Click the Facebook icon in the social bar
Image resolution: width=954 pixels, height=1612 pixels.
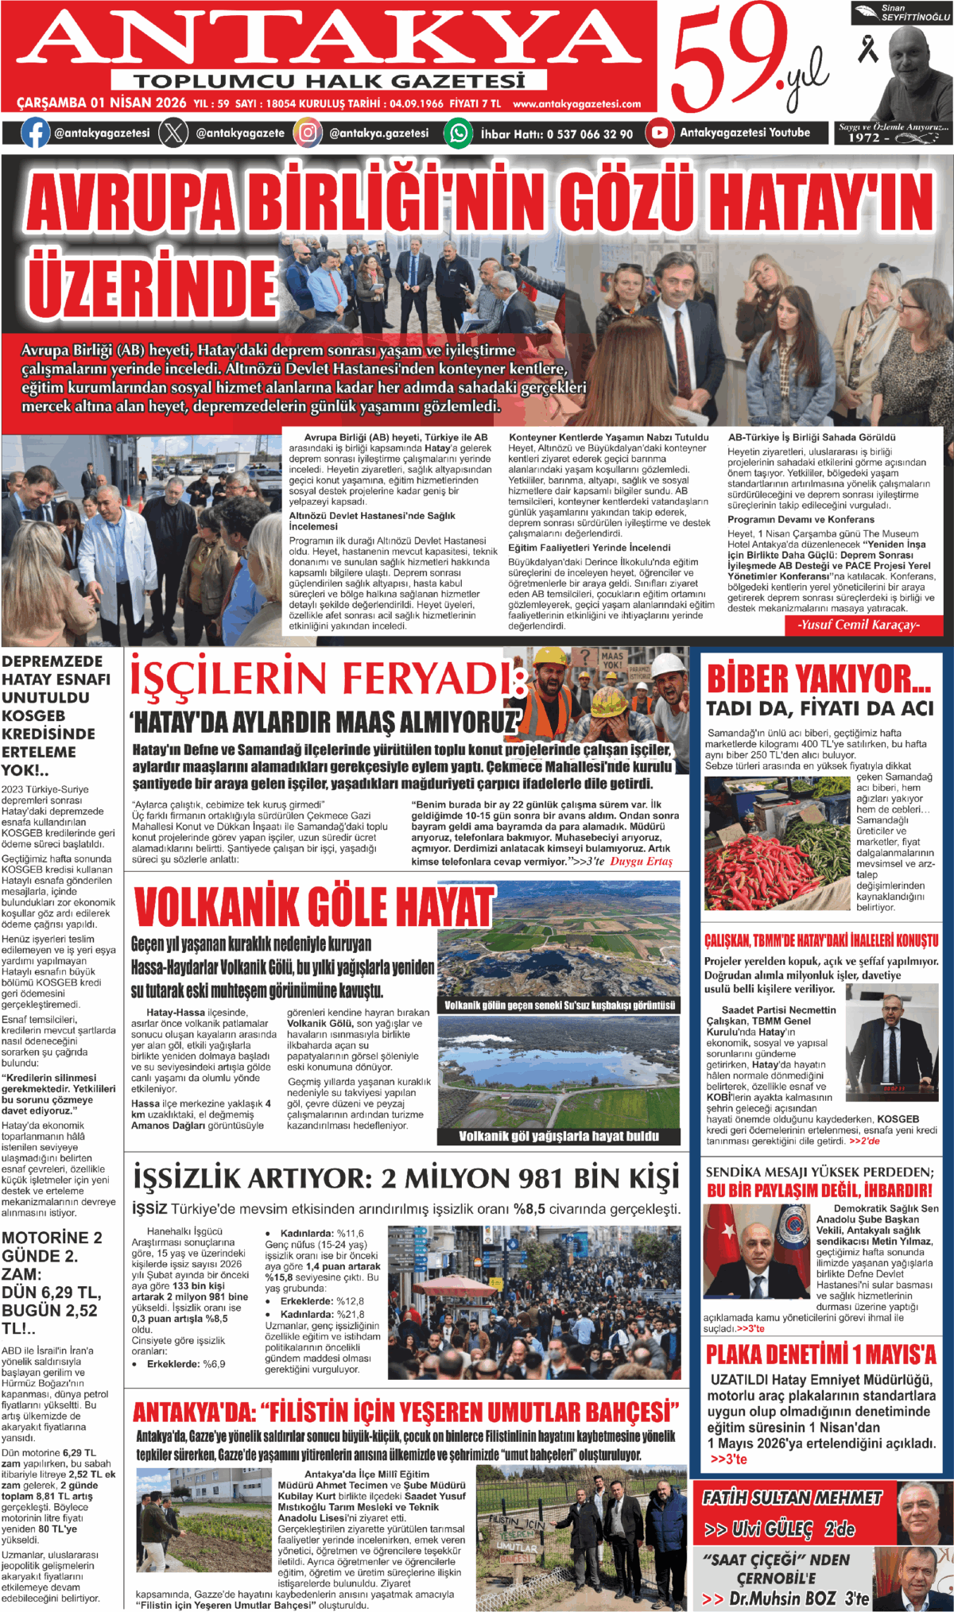coord(35,133)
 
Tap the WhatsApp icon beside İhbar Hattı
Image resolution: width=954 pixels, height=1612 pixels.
coord(459,133)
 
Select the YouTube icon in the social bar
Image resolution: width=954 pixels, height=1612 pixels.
coord(659,133)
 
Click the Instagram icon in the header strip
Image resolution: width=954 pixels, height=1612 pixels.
coord(308,133)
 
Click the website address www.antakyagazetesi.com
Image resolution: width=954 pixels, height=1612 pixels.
coord(576,104)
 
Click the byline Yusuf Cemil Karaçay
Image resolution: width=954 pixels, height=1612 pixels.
coord(858,625)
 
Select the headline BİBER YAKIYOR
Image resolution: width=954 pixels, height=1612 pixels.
coord(819,680)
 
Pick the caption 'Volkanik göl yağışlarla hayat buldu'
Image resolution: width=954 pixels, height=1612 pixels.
coord(559,1136)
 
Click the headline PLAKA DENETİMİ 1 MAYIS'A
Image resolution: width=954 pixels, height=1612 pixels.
coord(821,1354)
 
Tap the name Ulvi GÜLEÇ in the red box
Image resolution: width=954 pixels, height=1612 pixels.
coord(771,1529)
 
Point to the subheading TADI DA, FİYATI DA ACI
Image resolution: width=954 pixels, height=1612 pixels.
coord(820,708)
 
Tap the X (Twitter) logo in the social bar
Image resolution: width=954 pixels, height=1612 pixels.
coord(173,133)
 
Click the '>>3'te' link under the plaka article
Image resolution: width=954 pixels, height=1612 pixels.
coord(728,1459)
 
